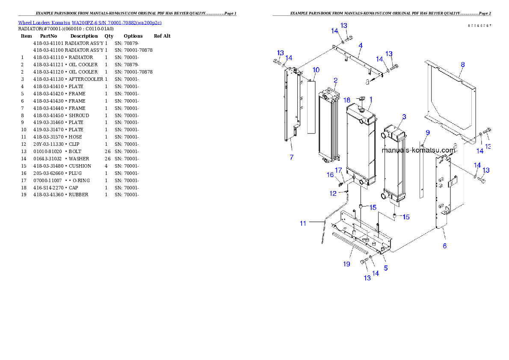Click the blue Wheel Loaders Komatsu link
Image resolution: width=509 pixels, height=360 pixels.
[x=90, y=23]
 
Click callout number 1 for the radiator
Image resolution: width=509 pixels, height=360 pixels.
[x=371, y=99]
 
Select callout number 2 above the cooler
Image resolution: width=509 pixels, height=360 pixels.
[x=336, y=80]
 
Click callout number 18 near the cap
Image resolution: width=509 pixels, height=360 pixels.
[x=347, y=100]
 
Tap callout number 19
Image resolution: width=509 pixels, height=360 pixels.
[x=346, y=264]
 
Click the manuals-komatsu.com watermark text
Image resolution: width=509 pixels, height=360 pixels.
[x=418, y=150]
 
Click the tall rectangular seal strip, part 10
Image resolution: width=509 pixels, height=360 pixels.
[x=311, y=107]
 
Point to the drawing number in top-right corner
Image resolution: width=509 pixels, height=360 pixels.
[x=479, y=26]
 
